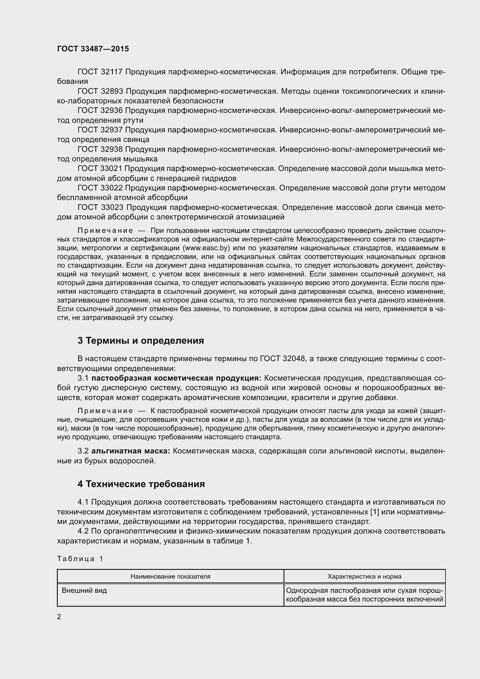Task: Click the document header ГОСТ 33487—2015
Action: coord(93,49)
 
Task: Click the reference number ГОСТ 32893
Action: coord(100,91)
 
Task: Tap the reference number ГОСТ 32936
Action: coord(100,111)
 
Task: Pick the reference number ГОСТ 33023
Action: coord(100,207)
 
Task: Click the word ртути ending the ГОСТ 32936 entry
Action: coord(133,120)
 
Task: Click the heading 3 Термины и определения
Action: coord(141,341)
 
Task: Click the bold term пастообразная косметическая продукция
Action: coord(176,378)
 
